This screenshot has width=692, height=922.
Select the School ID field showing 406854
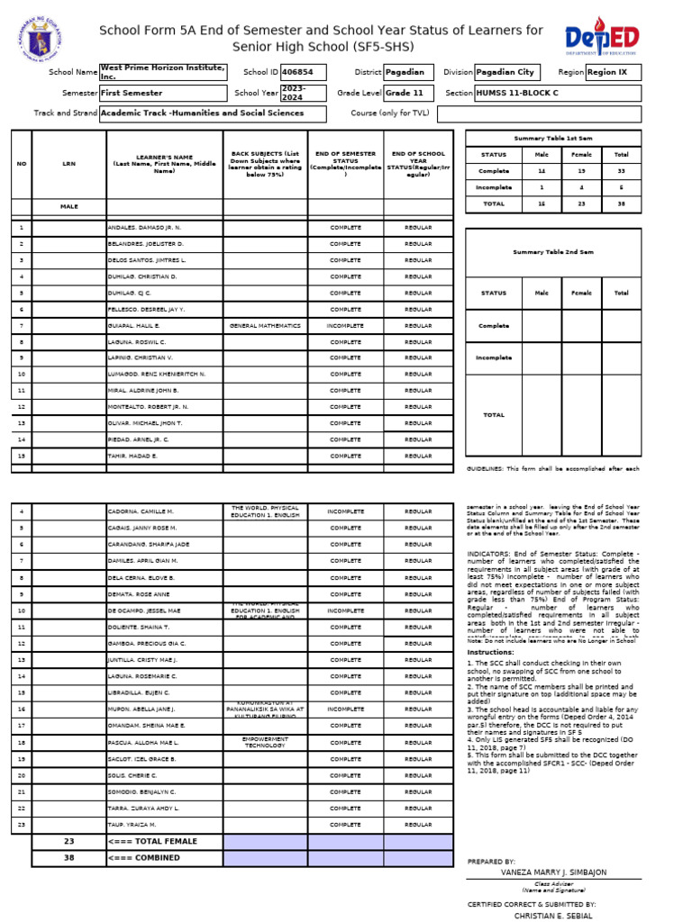point(303,71)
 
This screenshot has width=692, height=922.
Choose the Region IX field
point(613,71)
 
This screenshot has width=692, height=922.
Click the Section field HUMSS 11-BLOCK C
point(557,93)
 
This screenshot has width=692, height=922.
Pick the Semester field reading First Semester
point(162,93)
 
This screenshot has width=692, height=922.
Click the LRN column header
point(69,164)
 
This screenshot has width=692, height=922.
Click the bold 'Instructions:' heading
point(491,652)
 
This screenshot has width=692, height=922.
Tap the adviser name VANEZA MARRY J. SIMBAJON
point(554,872)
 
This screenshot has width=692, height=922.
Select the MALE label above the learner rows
point(69,206)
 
